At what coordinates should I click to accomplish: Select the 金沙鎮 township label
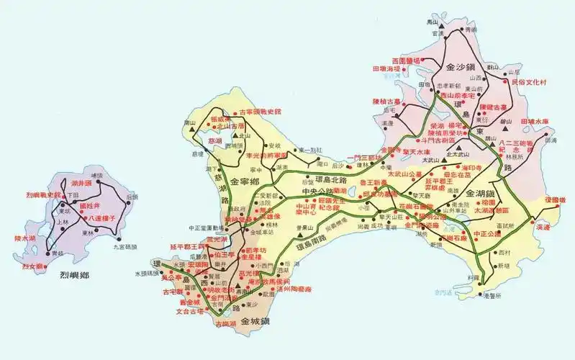pyautogui.click(x=464, y=66)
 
